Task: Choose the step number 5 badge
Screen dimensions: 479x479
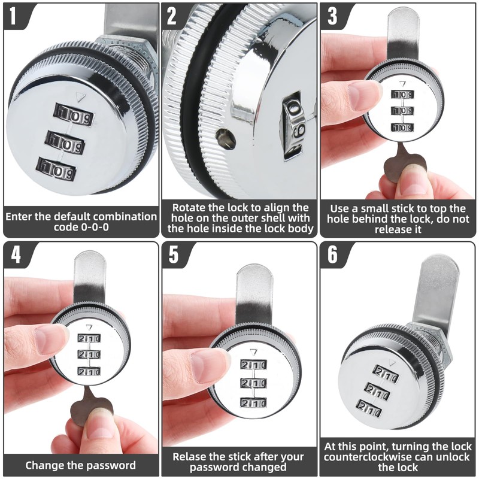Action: (174, 254)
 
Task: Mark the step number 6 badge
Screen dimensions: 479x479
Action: (332, 254)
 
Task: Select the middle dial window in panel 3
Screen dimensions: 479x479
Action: (403, 111)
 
